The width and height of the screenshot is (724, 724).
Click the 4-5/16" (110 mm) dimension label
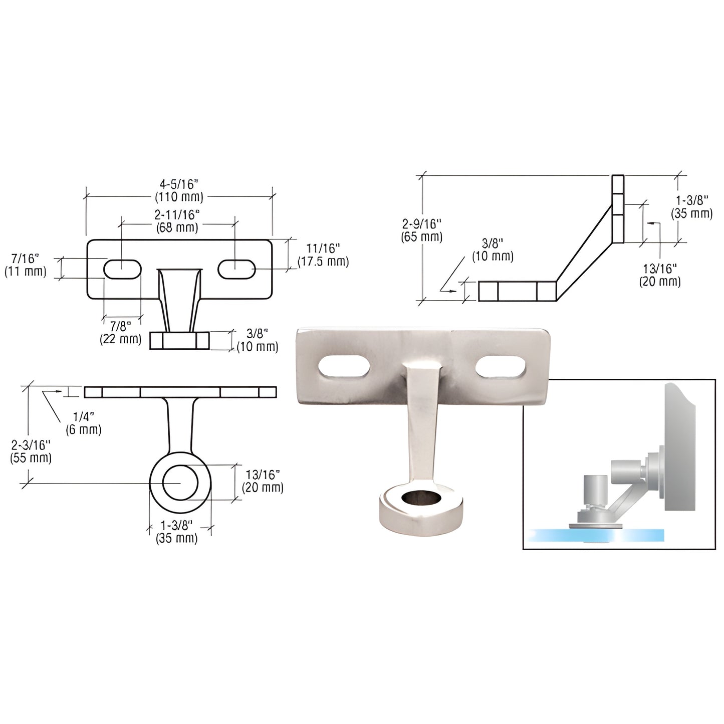[179, 190]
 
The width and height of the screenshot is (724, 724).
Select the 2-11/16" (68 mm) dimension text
[177, 221]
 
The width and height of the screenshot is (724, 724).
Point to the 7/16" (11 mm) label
[25, 265]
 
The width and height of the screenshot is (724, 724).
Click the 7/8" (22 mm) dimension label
[121, 333]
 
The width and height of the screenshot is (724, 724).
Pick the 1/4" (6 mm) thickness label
[83, 423]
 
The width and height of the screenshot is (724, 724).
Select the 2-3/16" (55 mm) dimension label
[31, 451]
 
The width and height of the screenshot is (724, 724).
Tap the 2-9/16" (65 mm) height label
[421, 230]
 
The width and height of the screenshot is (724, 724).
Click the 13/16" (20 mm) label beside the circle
[263, 481]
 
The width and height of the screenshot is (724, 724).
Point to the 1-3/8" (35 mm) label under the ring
[176, 532]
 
